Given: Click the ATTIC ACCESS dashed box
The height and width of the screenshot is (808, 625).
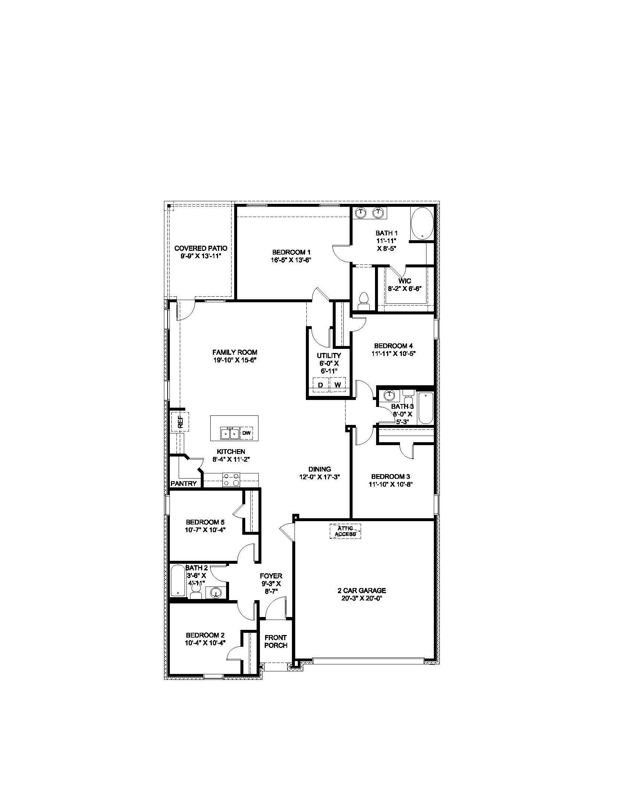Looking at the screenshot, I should pyautogui.click(x=345, y=531).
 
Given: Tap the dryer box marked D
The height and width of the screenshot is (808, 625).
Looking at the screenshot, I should pyautogui.click(x=321, y=385).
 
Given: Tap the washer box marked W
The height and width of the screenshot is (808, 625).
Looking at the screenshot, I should pyautogui.click(x=337, y=385).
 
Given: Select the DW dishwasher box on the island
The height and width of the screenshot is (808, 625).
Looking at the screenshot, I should pyautogui.click(x=246, y=433).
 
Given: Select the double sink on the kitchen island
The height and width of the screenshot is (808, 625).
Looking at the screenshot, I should pyautogui.click(x=229, y=433).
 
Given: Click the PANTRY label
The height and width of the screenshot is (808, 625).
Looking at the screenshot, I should pyautogui.click(x=184, y=483).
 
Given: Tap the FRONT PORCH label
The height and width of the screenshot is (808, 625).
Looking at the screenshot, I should pyautogui.click(x=276, y=641).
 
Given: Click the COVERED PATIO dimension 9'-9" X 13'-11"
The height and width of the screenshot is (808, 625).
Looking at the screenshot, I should pyautogui.click(x=201, y=256).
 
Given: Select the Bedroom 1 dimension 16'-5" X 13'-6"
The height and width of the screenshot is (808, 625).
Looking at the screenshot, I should pyautogui.click(x=291, y=260).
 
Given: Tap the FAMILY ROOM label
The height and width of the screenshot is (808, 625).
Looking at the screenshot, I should pyautogui.click(x=235, y=352).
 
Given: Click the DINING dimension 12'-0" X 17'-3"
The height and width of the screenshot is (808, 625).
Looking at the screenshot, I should pyautogui.click(x=320, y=477).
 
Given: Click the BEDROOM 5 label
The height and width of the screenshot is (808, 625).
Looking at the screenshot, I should pyautogui.click(x=205, y=522).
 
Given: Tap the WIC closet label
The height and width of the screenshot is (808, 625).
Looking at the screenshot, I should pyautogui.click(x=405, y=281).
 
